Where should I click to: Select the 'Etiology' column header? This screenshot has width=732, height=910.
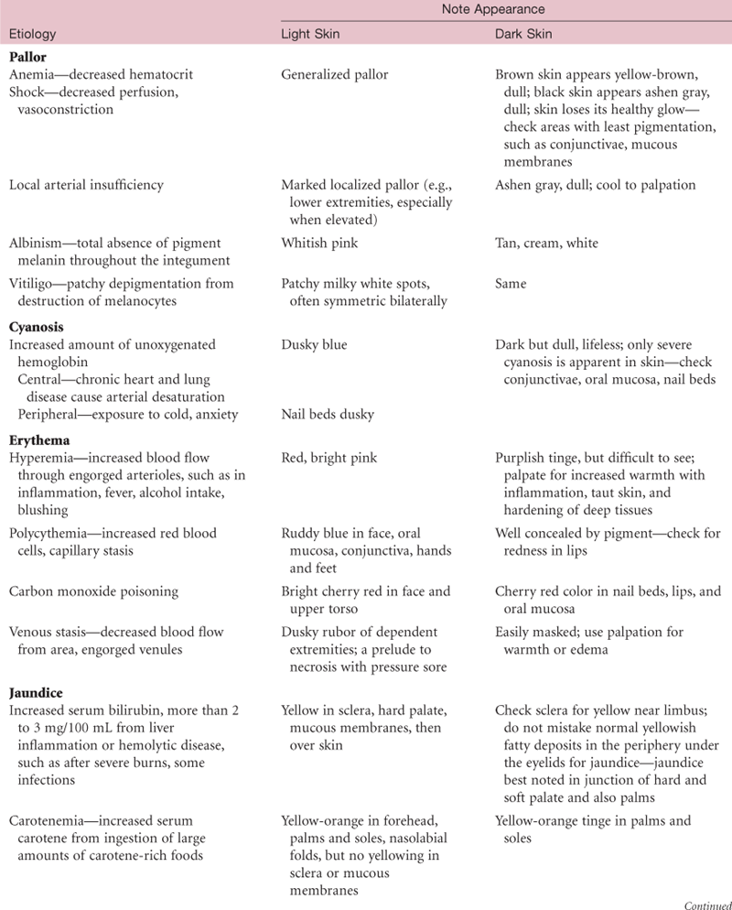click(x=32, y=35)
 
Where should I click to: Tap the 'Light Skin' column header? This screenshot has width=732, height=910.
click(x=309, y=35)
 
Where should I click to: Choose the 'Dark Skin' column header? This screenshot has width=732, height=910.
click(x=522, y=35)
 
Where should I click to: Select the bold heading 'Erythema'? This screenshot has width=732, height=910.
click(x=37, y=438)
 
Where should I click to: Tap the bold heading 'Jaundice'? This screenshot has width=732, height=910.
click(x=36, y=693)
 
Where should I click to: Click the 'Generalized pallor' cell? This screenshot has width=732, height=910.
click(x=335, y=75)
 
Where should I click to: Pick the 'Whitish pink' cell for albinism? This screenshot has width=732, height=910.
click(x=318, y=244)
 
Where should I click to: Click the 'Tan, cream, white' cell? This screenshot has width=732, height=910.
click(x=547, y=244)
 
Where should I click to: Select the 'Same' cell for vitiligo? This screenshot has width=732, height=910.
click(x=511, y=285)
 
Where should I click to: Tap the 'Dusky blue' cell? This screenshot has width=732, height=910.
click(x=314, y=344)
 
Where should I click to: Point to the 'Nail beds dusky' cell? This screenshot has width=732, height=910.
click(x=327, y=415)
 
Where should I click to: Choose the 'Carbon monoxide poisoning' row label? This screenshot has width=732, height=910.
click(x=88, y=591)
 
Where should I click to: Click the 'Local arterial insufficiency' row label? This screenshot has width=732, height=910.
click(x=86, y=185)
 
